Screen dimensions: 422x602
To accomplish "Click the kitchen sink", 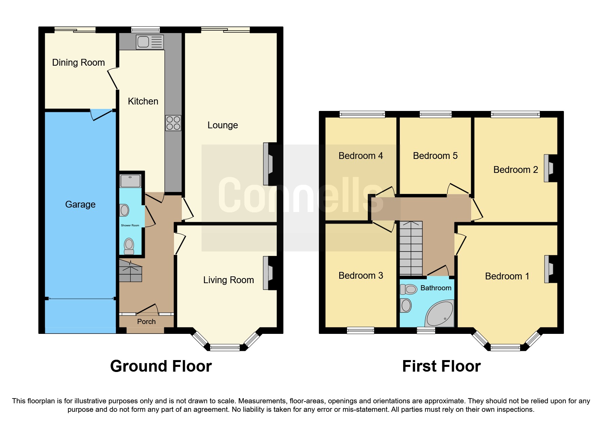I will pos(150,42).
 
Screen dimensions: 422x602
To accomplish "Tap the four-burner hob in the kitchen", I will pos(173,123).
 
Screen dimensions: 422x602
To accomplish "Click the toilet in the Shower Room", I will pos(129,246).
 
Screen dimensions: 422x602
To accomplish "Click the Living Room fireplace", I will pos(269,273).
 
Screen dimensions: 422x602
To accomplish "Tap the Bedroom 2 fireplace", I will pos(549,168).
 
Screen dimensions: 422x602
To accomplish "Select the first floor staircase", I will pos(411,248).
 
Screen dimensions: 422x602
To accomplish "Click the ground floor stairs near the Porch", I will pos(130,271).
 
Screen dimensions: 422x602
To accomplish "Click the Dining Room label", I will pos(78,63).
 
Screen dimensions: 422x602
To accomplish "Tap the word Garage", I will pos(80,205).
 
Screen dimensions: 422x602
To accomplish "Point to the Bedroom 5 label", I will pos(435,156).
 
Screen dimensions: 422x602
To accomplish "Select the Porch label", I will pos(146,322).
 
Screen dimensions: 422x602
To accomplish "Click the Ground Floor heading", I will pos(161,367).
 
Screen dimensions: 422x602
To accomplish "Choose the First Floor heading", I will pos(441,367).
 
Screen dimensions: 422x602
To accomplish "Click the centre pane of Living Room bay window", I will pos(225,347).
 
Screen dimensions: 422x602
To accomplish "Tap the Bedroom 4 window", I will pos(362,114).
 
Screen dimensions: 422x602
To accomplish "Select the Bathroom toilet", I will pos(408,289).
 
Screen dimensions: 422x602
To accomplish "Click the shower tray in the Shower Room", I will pos(130,181).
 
